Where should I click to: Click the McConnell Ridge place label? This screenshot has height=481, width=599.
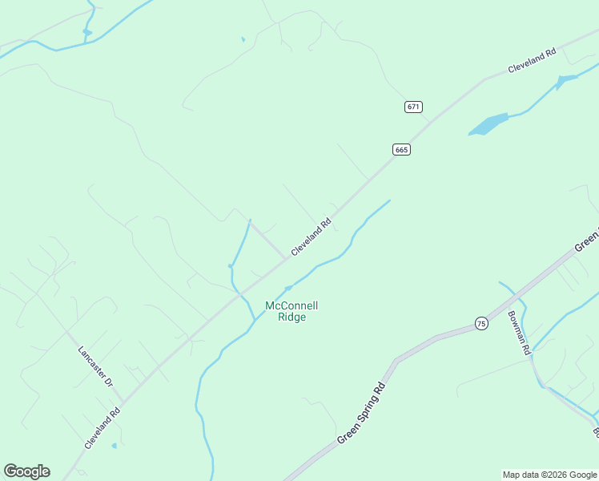(x=291, y=311)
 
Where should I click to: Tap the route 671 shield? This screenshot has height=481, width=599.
(x=413, y=107)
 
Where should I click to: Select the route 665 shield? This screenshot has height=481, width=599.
(x=402, y=150)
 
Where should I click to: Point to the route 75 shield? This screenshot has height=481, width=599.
(x=480, y=323)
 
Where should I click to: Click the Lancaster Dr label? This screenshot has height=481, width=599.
(x=95, y=366)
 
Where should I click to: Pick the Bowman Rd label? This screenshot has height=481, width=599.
(x=519, y=333)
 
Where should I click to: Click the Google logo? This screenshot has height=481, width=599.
(x=26, y=471)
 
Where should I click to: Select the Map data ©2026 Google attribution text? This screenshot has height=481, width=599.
(x=549, y=475)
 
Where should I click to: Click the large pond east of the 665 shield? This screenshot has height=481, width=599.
(x=488, y=125)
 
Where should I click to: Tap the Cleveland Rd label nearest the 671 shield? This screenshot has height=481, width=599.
(x=532, y=62)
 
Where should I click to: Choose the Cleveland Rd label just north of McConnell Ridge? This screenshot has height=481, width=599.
(x=312, y=238)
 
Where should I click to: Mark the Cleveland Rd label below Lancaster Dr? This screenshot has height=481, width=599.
(x=103, y=428)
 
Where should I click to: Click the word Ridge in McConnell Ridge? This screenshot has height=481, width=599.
(x=291, y=317)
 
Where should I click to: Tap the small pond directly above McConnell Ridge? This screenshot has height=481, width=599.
(x=288, y=288)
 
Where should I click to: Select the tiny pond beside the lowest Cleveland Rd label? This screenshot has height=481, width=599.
(x=115, y=445)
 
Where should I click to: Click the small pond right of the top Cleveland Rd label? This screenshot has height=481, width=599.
(x=566, y=79)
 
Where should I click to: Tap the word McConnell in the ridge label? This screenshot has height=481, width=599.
(x=291, y=305)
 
